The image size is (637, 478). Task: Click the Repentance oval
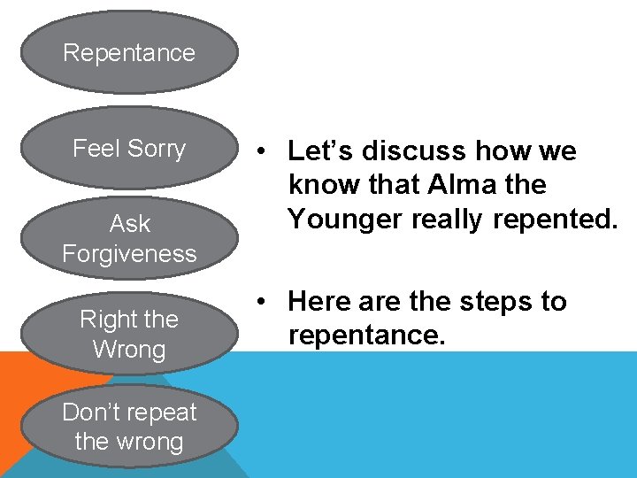click(129, 52)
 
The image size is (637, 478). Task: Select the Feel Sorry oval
click(129, 148)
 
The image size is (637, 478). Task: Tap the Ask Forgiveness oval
click(129, 238)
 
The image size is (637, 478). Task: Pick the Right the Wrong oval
click(129, 334)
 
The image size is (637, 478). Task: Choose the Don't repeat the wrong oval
click(129, 427)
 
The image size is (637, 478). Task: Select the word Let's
click(316, 151)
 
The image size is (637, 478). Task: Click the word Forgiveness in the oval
click(129, 254)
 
